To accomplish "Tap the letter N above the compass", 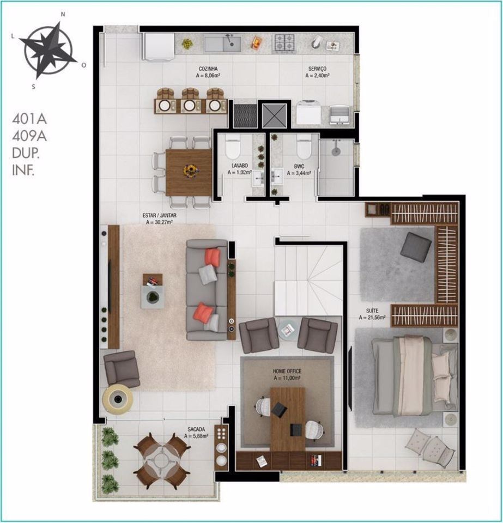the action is coord(63,14).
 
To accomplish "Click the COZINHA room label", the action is coord(208,69).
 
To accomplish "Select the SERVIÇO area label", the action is coord(317,69).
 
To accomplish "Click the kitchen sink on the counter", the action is coord(223,44).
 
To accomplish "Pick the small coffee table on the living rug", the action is coord(153,291).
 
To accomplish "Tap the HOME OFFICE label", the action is coord(287,371).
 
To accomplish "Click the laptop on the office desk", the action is coord(279,409).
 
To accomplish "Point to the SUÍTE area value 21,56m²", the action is coord(372,317).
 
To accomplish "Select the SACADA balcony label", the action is coord(196,429).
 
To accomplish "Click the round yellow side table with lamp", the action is coord(117,399).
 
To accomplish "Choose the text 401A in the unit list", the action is coord(29,119).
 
